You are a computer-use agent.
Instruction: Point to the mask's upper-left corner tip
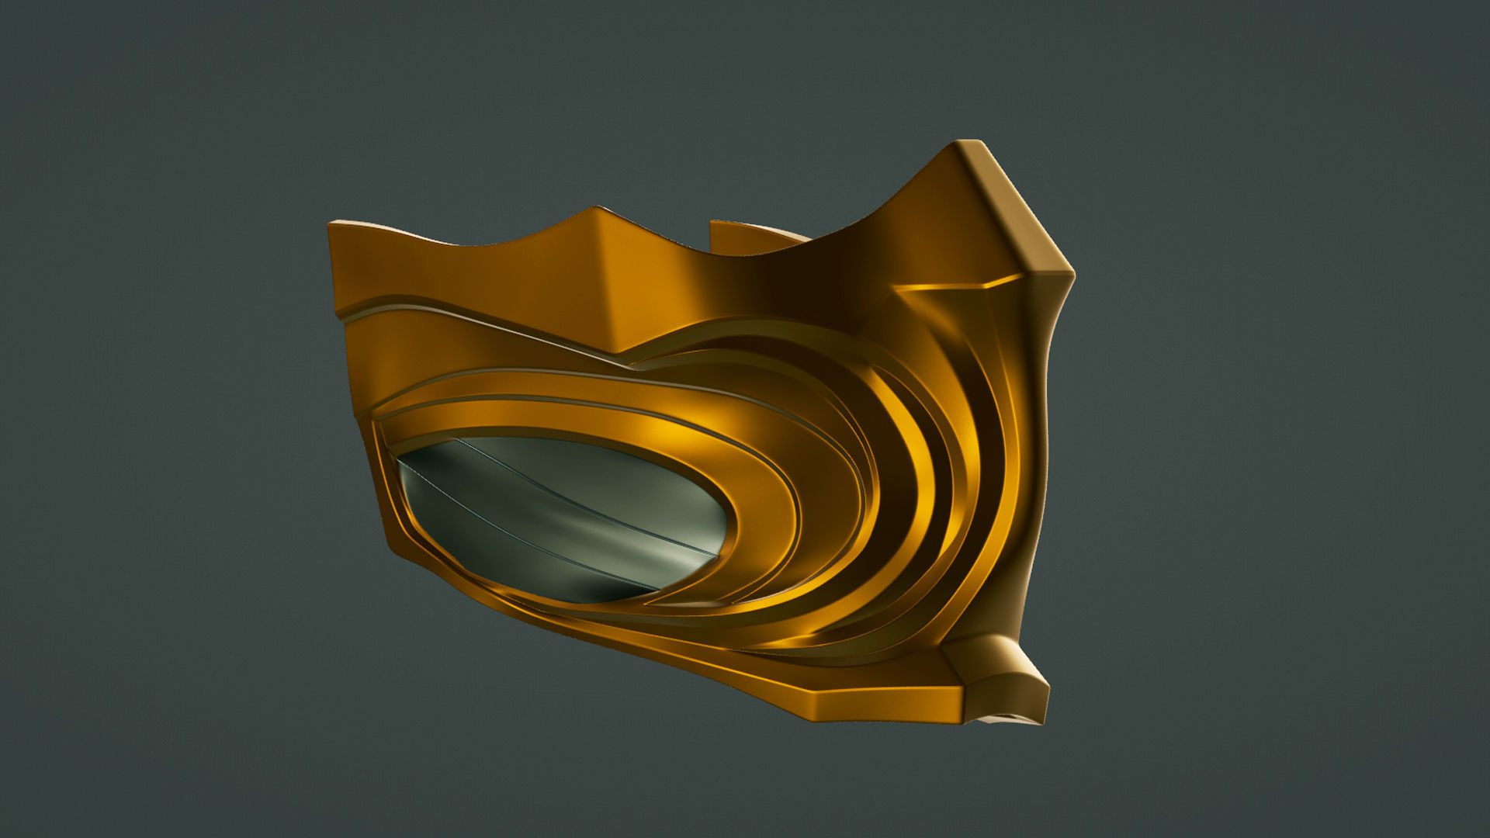click(332, 225)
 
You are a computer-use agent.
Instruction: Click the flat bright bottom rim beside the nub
click(869, 698)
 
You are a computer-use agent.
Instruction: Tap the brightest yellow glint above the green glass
click(660, 427)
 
